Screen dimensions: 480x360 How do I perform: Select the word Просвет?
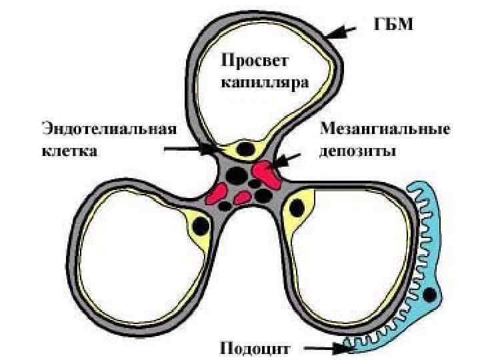pos(254,62)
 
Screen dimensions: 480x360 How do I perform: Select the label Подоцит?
pos(254,347)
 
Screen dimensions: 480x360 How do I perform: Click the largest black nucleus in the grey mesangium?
pos(235,175)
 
